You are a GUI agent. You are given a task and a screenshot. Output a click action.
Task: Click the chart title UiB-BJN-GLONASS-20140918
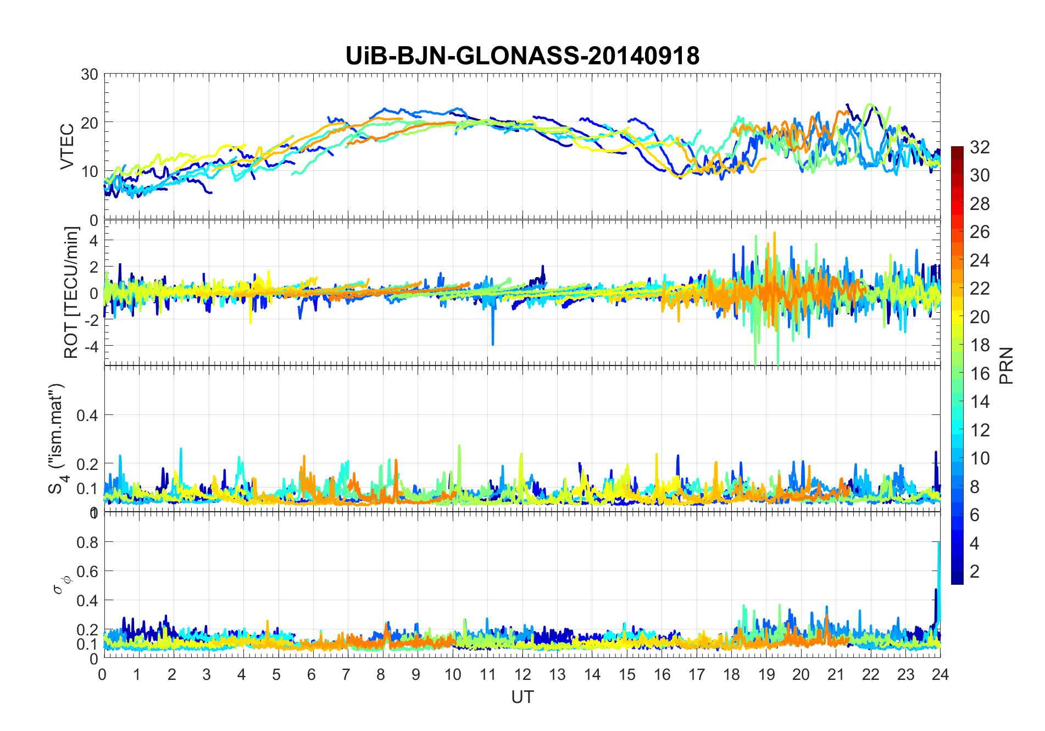click(x=522, y=56)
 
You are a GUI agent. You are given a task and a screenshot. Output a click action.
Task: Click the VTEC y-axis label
click(x=67, y=147)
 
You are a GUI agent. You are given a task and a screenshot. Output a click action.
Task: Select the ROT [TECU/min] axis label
click(x=71, y=292)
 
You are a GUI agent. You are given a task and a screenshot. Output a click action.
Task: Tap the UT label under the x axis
click(x=522, y=697)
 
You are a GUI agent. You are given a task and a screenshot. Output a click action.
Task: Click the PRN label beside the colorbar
click(x=1007, y=365)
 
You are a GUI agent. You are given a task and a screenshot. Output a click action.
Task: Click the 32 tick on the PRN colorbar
click(x=980, y=147)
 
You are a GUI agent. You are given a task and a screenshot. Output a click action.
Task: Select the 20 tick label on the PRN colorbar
click(x=980, y=317)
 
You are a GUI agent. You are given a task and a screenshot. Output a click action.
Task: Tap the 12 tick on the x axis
click(x=522, y=674)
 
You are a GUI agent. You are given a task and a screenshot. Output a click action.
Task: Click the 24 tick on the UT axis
click(x=940, y=674)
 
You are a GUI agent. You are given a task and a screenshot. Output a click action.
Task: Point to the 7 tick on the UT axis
click(x=346, y=674)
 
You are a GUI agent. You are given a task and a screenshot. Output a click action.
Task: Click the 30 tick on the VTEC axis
click(x=90, y=74)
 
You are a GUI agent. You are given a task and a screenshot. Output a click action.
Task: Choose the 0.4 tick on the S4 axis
click(x=87, y=415)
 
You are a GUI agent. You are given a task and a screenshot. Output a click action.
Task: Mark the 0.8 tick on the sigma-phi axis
click(x=87, y=542)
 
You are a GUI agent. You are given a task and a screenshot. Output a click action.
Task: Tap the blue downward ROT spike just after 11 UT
click(x=493, y=330)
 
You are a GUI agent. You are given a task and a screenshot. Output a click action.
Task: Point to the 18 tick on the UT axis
click(x=731, y=674)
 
